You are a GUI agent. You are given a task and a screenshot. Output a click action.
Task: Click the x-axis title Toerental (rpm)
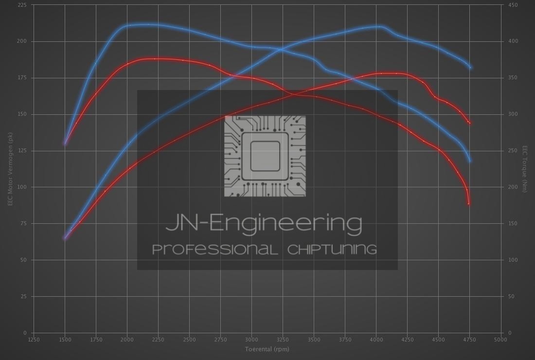267,349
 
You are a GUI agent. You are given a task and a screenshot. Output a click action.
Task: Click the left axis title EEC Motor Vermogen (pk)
10,169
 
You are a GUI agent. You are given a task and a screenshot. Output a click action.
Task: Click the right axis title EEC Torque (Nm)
525,169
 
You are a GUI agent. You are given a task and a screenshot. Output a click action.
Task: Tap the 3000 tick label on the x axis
251,340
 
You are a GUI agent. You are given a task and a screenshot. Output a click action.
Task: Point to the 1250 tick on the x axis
34,340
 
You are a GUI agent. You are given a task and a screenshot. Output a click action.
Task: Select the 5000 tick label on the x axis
500,340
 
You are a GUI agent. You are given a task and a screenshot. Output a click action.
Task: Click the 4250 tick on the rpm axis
407,340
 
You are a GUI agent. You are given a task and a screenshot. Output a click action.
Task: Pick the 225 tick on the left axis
22,5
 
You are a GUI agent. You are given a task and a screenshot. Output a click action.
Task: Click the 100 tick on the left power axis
22,187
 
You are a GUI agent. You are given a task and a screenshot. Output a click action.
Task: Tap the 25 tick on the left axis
24,297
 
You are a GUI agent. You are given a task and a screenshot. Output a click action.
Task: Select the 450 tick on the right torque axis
513,5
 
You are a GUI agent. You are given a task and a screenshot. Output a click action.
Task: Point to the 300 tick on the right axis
513,114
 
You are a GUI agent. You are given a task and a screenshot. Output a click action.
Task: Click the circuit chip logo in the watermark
265,156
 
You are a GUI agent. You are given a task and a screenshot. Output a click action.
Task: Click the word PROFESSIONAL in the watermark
215,250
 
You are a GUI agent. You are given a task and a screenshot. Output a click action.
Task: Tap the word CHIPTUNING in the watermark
332,250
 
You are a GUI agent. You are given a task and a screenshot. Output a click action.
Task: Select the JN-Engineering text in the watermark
264,223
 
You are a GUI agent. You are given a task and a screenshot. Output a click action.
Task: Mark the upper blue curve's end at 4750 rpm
470,67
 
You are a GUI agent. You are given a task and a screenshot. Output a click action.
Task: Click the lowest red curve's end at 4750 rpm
469,203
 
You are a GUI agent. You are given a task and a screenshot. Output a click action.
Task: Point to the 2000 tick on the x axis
127,340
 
